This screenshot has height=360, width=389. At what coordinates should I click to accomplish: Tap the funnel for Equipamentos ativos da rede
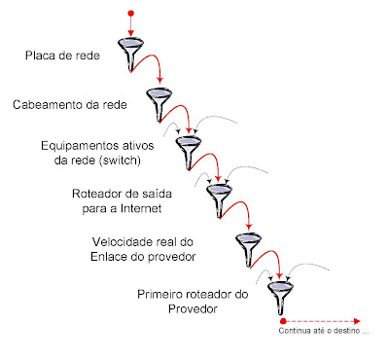pyautogui.click(x=187, y=149)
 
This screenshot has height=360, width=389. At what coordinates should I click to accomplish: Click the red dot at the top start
pyautogui.click(x=129, y=14)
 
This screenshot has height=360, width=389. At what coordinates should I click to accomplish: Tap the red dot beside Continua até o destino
pyautogui.click(x=282, y=320)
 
